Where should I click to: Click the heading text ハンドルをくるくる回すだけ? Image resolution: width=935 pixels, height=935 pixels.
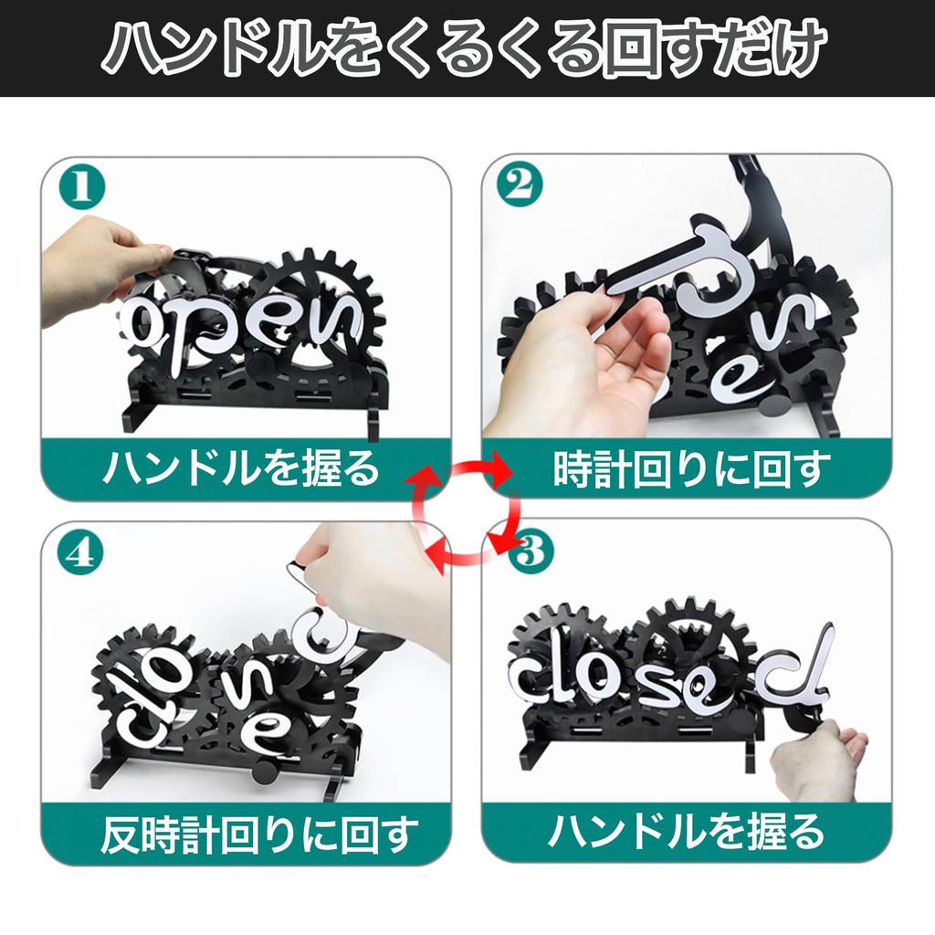tap(467, 47)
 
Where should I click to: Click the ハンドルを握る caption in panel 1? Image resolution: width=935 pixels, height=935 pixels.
tap(239, 470)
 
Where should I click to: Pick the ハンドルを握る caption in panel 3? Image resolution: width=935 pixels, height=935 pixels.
tap(686, 832)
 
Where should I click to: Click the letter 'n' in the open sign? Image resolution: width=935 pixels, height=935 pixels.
tap(340, 320)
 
